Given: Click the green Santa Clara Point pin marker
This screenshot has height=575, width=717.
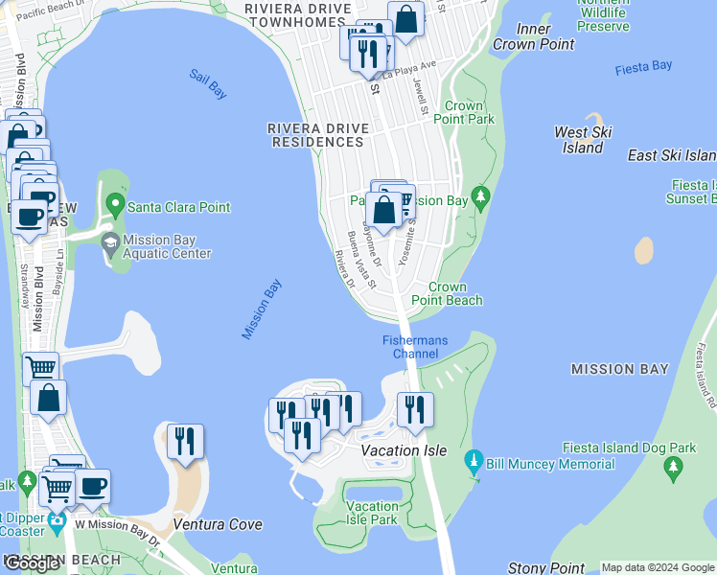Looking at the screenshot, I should pyautogui.click(x=116, y=204).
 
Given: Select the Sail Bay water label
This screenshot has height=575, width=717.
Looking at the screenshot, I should pyautogui.click(x=207, y=84).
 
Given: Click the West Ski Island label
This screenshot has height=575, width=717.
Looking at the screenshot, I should pyautogui.click(x=583, y=140).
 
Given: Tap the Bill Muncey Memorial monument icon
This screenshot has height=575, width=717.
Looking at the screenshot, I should pyautogui.click(x=472, y=464).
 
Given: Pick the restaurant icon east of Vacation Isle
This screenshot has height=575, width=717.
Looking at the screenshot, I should pyautogui.click(x=415, y=409).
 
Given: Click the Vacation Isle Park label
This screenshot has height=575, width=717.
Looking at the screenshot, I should pyautogui.click(x=371, y=513).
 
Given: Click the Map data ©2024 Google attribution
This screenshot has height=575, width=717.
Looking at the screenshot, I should pyautogui.click(x=658, y=567).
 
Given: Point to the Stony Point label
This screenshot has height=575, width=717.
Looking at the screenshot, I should pyautogui.click(x=546, y=568).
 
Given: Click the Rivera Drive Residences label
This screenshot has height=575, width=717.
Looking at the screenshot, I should pyautogui.click(x=315, y=134).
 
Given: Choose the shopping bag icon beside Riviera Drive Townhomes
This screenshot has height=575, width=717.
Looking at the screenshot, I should pyautogui.click(x=406, y=18).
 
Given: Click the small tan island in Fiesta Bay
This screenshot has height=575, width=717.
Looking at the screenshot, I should pyautogui.click(x=644, y=250).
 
